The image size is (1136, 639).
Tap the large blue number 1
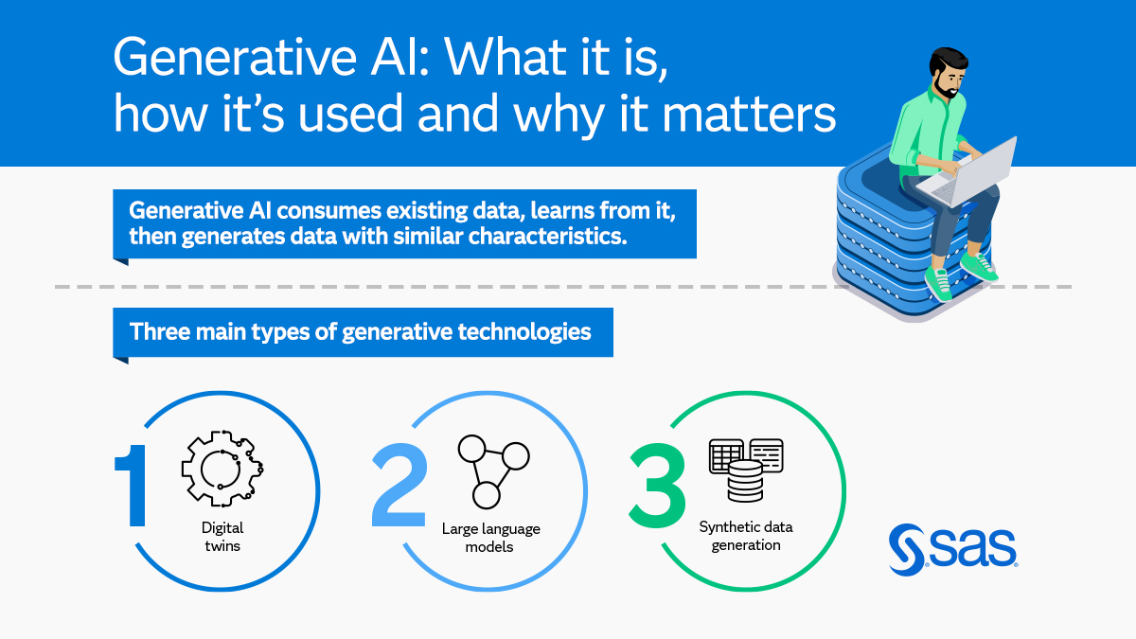click(x=132, y=485)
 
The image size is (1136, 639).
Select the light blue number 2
click(x=399, y=485)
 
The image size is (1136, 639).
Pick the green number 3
click(x=657, y=485)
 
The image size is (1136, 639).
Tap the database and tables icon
click(x=746, y=469)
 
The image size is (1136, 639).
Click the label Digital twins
click(x=222, y=537)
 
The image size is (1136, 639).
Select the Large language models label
click(x=490, y=538)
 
